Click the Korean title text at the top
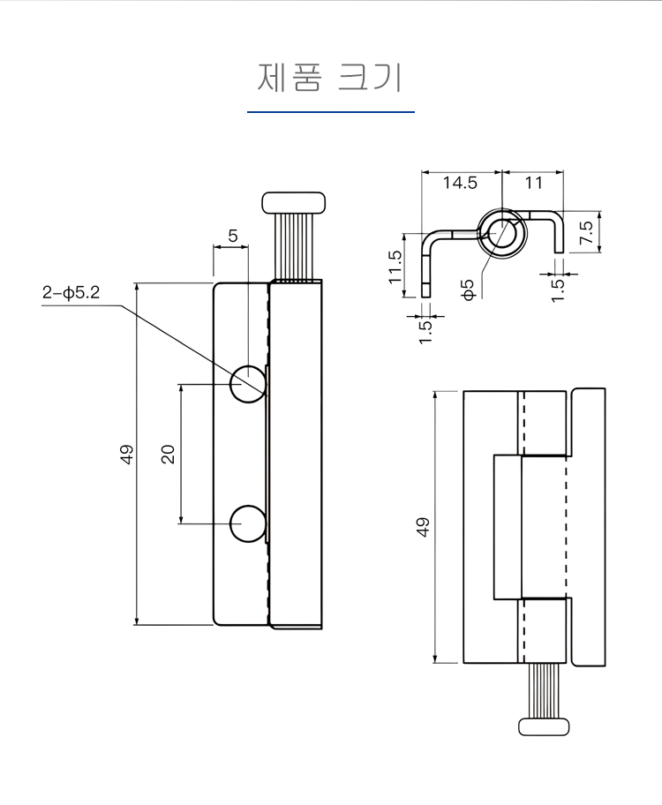pos(330,77)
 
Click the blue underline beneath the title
pos(330,112)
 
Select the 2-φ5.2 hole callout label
pos(70,293)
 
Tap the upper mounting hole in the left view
pos(248,383)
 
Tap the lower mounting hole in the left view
pos(248,523)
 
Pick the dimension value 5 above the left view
pos(233,236)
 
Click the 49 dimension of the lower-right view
pos(424,527)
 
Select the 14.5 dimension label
pos(460,184)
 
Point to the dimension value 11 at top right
pos(533,184)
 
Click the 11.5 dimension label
pos(395,266)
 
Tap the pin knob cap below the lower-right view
pos(545,726)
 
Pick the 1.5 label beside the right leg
pos(558,289)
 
